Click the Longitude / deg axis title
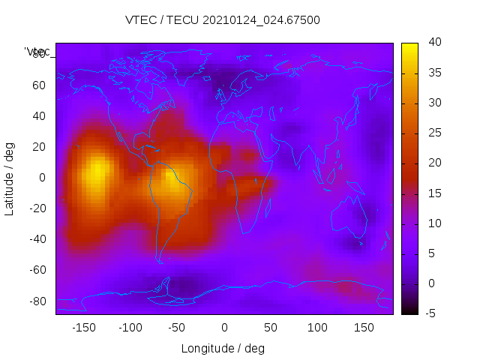223,349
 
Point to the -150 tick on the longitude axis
83,328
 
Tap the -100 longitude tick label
130,328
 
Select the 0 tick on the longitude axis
223,328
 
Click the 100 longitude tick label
317,328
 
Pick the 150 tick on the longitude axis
364,328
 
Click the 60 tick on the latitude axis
39,85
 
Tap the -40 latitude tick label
37,239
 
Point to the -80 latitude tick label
37,301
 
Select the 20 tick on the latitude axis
39,146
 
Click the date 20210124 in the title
226,20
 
